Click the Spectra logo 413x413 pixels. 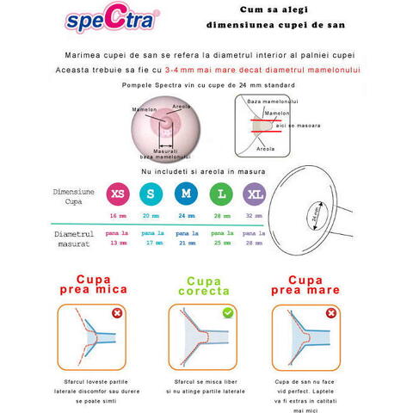[x=121, y=20]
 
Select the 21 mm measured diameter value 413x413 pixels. [x=186, y=243]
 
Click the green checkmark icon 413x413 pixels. [x=227, y=312]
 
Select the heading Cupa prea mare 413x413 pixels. [x=310, y=286]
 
